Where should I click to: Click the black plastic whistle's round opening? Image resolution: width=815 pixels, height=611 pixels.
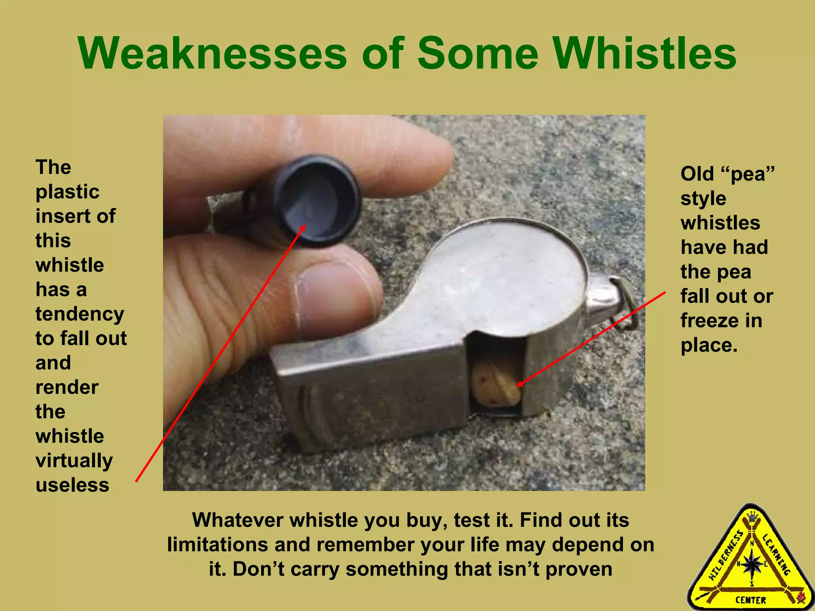coord(318,201)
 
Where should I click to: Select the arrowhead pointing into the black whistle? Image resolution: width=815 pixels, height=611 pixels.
coord(303,228)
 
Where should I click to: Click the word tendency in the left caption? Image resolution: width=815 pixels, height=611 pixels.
coord(80,314)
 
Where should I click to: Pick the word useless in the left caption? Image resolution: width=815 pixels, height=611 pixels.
coord(72,485)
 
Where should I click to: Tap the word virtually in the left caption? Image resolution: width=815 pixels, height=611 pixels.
coord(74,461)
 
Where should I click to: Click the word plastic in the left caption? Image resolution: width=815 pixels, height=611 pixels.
coord(67,192)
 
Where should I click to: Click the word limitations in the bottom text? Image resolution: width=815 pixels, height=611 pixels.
coord(217,545)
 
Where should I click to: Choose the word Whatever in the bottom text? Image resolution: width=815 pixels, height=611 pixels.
coord(237,520)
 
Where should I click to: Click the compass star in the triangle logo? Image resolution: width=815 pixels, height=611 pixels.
coord(751,564)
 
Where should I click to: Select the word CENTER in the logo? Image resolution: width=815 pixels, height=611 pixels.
coord(751,600)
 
